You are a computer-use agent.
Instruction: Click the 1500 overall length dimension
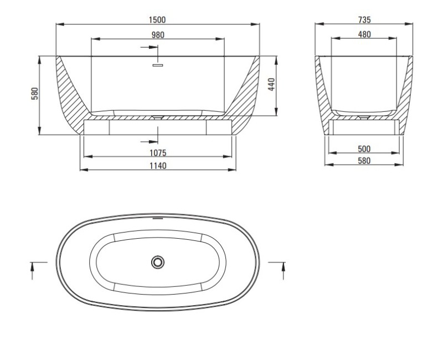[158, 20]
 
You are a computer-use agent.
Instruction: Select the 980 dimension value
[158, 35]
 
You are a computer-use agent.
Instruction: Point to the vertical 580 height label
[35, 94]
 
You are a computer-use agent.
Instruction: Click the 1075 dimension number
[158, 152]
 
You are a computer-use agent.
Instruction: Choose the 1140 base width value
[158, 166]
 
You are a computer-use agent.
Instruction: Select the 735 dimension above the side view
[364, 20]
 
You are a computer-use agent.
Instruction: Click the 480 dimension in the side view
[364, 34]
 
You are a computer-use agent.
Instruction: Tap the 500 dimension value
[364, 149]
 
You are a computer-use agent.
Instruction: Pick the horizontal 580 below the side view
[364, 161]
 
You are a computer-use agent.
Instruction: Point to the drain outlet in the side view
[364, 117]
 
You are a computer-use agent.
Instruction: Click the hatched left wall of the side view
[323, 94]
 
